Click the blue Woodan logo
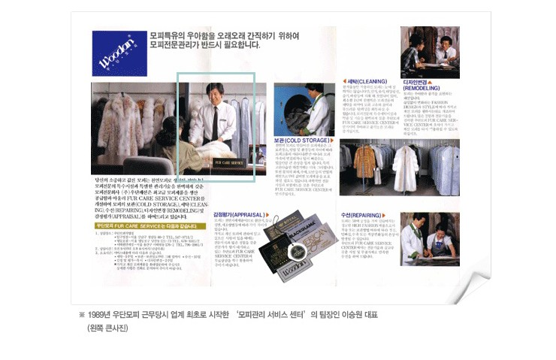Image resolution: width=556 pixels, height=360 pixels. tap(114, 53)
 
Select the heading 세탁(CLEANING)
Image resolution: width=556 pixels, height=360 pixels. tap(364, 80)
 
